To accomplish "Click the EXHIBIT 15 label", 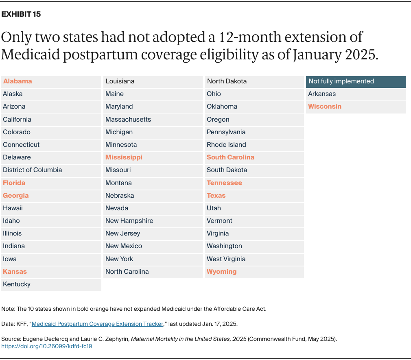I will [21, 14].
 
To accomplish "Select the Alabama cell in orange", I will [17, 81].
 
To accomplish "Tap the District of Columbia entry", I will [33, 170].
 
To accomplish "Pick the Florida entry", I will [14, 183].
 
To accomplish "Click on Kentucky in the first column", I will [17, 284].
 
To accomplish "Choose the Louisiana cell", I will [120, 81].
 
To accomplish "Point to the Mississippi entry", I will [124, 157].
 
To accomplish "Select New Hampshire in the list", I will [129, 221].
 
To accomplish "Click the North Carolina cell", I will [127, 272].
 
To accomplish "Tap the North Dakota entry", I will [227, 81].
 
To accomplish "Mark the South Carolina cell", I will [230, 157].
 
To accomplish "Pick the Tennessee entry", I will [224, 183].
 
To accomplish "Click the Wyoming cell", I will [221, 272].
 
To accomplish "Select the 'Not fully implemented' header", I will [341, 81].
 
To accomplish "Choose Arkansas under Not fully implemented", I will [322, 94].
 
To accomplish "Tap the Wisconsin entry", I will [325, 107].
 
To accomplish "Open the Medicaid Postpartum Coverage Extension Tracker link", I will [97, 324].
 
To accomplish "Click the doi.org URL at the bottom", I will [47, 346].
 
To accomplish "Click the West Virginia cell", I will [226, 259].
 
